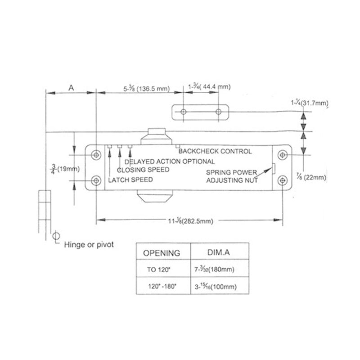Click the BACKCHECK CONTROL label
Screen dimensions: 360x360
point(215,152)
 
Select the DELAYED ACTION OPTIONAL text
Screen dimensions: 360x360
point(170,161)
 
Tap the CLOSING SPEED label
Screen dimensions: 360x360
point(143,170)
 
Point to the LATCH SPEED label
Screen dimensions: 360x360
point(131,180)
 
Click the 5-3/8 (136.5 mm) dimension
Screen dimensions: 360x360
point(146,89)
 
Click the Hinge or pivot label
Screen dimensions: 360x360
point(90,245)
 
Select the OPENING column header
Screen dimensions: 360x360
point(162,253)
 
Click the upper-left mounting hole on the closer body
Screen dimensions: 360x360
point(96,155)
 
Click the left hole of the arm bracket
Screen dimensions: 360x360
point(183,111)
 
